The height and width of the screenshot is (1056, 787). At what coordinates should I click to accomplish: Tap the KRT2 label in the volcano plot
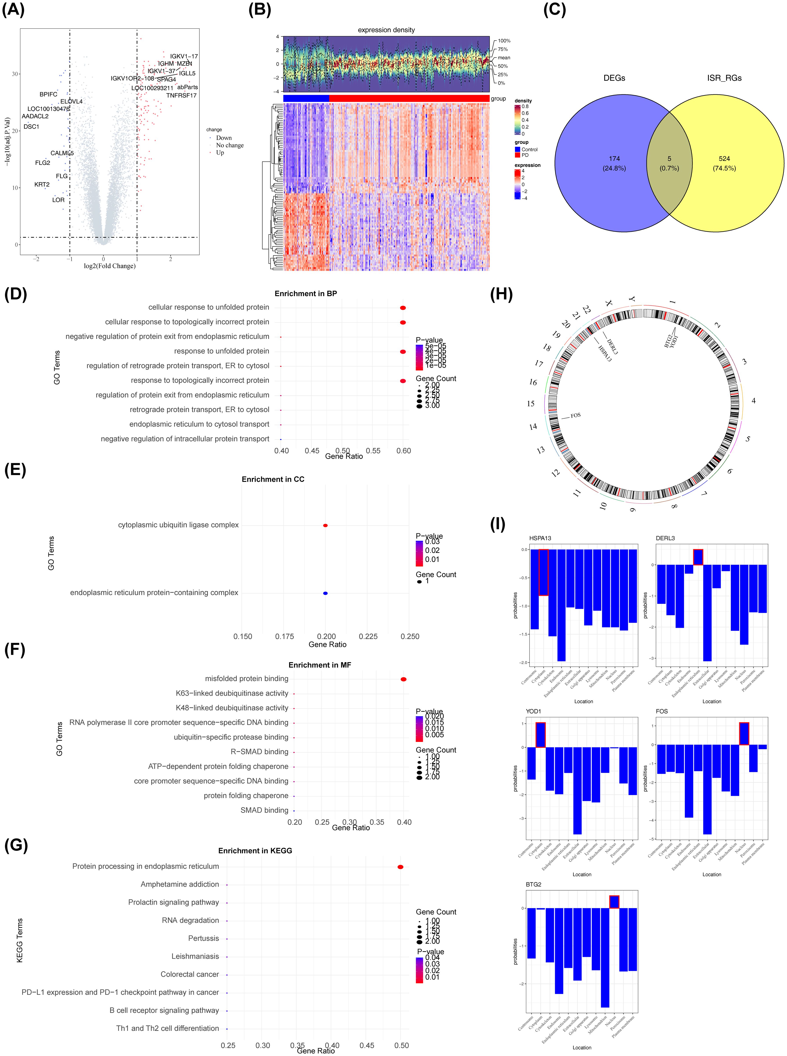42,184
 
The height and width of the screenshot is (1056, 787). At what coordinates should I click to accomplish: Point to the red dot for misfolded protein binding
403,679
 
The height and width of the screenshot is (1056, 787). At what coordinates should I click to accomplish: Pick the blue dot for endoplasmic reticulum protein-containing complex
325,593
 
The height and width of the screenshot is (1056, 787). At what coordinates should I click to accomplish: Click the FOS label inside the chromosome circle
575,416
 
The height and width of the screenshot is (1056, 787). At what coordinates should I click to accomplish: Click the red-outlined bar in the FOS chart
744,734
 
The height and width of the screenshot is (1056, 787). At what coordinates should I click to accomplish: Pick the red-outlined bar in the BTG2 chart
614,902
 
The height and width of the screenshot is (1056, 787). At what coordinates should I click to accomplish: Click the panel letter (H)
501,295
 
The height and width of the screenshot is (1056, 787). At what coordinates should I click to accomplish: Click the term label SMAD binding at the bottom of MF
264,810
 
